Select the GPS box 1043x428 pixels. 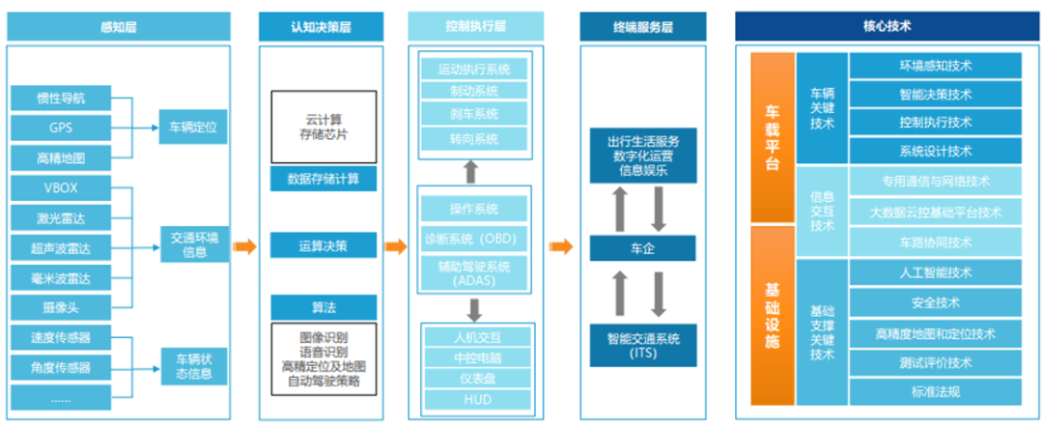pyautogui.click(x=61, y=128)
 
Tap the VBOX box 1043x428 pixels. pyautogui.click(x=61, y=188)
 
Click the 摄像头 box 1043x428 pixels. pyautogui.click(x=61, y=307)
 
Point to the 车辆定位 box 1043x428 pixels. pyautogui.click(x=193, y=127)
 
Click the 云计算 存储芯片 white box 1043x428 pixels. pyautogui.click(x=324, y=127)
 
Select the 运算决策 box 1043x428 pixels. pyautogui.click(x=324, y=245)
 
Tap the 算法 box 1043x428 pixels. pyautogui.click(x=324, y=307)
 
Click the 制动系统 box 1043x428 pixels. pyautogui.click(x=474, y=92)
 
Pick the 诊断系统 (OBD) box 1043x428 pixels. pyautogui.click(x=474, y=237)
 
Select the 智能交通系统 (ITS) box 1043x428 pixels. pyautogui.click(x=642, y=345)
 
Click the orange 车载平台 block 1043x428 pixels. pyautogui.click(x=772, y=137)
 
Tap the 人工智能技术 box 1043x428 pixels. pyautogui.click(x=935, y=272)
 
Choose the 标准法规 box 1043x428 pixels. pyautogui.click(x=935, y=392)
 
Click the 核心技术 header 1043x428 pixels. pyautogui.click(x=886, y=27)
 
